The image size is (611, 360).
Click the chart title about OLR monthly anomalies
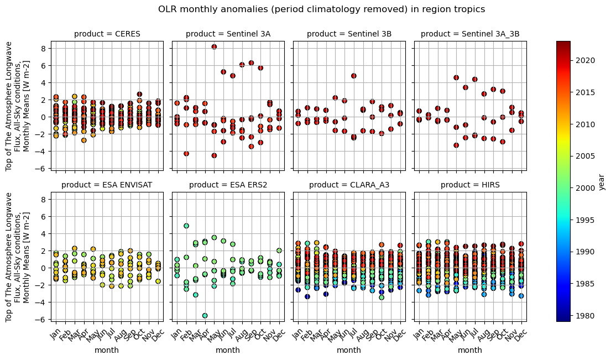coord(321,9)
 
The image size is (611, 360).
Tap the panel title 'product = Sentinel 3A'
coord(228,34)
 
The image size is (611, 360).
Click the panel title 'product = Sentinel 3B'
coord(349,34)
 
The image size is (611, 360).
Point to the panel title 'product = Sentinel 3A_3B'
coord(470,34)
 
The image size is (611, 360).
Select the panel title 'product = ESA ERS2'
coord(228,185)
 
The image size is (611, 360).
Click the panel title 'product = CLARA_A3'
coord(349,185)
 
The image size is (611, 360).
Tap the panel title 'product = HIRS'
coord(470,185)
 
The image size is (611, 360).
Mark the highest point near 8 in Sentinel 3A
coord(214,47)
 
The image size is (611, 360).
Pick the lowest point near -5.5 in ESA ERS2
coord(205,316)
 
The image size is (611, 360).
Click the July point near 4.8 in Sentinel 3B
coord(354,76)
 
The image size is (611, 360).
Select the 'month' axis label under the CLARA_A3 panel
coord(349,350)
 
